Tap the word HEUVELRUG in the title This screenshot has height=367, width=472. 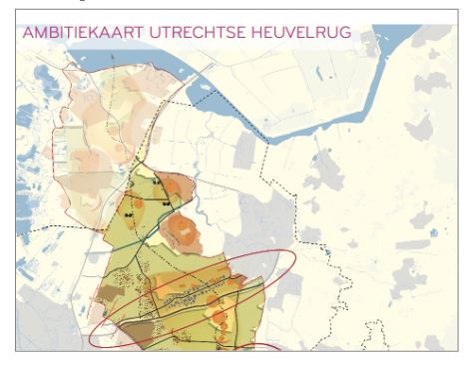[x=301, y=33]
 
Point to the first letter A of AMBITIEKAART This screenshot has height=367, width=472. [x=28, y=33]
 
